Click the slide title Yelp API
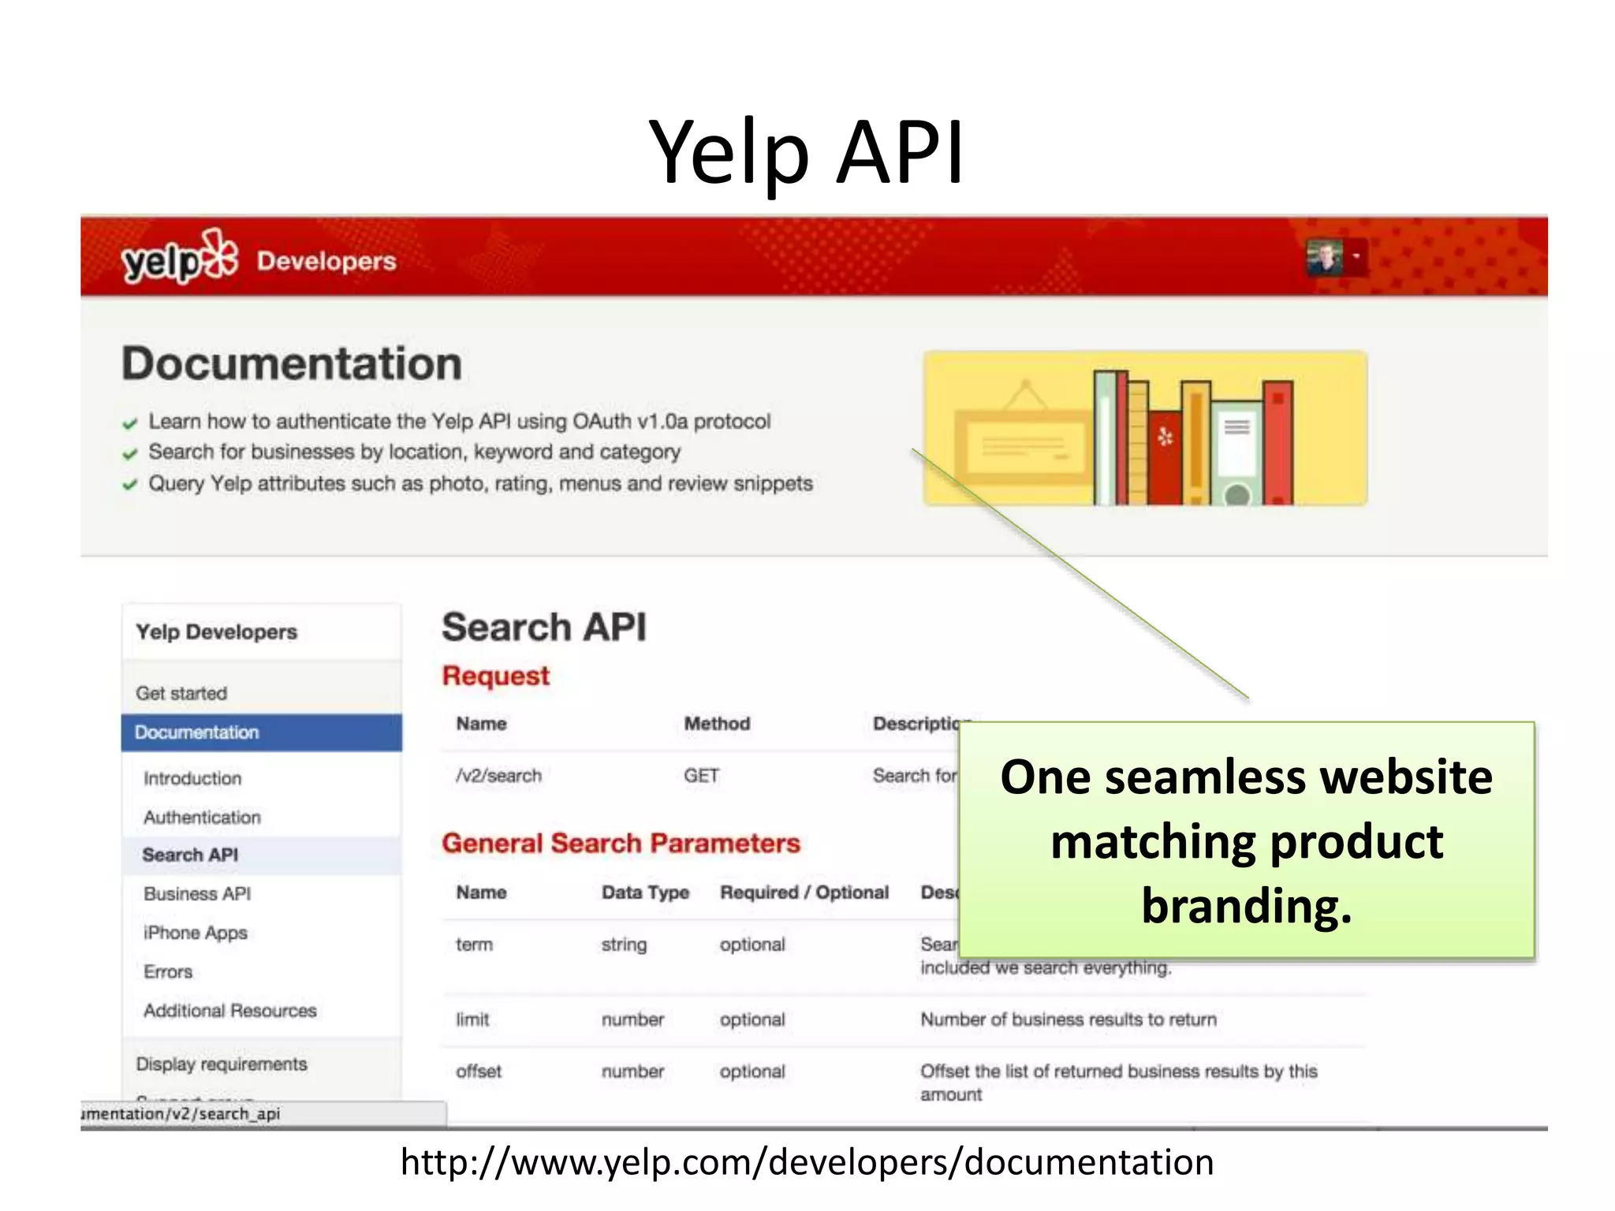pyautogui.click(x=806, y=151)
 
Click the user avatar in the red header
pyautogui.click(x=1325, y=257)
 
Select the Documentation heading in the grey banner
pyautogui.click(x=292, y=363)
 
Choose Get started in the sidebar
pyautogui.click(x=181, y=693)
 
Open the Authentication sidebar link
pyautogui.click(x=202, y=817)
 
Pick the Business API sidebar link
pyautogui.click(x=197, y=893)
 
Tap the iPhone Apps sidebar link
pyautogui.click(x=196, y=933)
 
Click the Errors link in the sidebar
pyautogui.click(x=168, y=971)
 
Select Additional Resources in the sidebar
pyautogui.click(x=230, y=1010)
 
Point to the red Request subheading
pyautogui.click(x=495, y=676)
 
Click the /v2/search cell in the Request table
pyautogui.click(x=498, y=776)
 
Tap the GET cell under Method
pyautogui.click(x=701, y=776)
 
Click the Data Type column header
pyautogui.click(x=645, y=892)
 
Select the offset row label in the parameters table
pyautogui.click(x=479, y=1071)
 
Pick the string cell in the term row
pyautogui.click(x=624, y=945)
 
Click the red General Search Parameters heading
pyautogui.click(x=621, y=843)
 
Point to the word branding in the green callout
pyautogui.click(x=1247, y=905)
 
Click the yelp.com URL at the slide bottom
pyautogui.click(x=807, y=1162)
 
